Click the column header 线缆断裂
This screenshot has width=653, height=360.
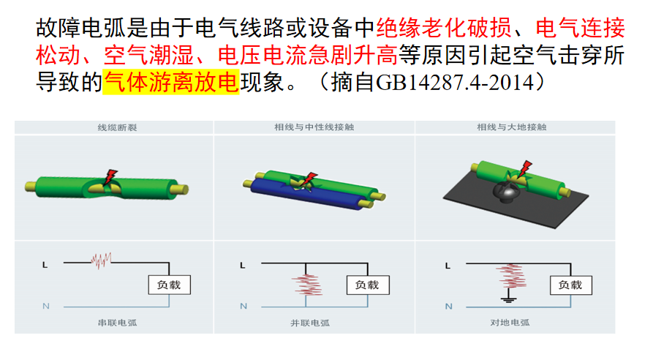[117, 127]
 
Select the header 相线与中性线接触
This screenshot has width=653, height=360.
[314, 127]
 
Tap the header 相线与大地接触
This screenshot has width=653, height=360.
[512, 127]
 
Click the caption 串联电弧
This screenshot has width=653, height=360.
[117, 323]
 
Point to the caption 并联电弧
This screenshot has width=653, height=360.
[310, 323]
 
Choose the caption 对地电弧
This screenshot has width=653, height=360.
[510, 323]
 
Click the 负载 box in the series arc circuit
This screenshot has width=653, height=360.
[169, 285]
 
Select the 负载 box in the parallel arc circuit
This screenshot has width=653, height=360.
[368, 285]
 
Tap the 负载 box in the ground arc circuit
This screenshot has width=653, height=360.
[570, 285]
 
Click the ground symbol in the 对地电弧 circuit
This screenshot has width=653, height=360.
[508, 299]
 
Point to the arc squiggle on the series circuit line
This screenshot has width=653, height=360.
[101, 260]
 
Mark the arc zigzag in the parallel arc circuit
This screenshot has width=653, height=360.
[307, 285]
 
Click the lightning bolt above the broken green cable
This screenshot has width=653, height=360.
[110, 177]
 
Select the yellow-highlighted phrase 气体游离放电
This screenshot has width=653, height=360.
[171, 82]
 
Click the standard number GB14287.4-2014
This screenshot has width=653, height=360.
[454, 82]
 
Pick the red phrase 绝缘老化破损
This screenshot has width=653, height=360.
[444, 28]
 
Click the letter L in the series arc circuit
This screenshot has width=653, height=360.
[45, 265]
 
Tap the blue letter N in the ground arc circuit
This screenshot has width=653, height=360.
[448, 307]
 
